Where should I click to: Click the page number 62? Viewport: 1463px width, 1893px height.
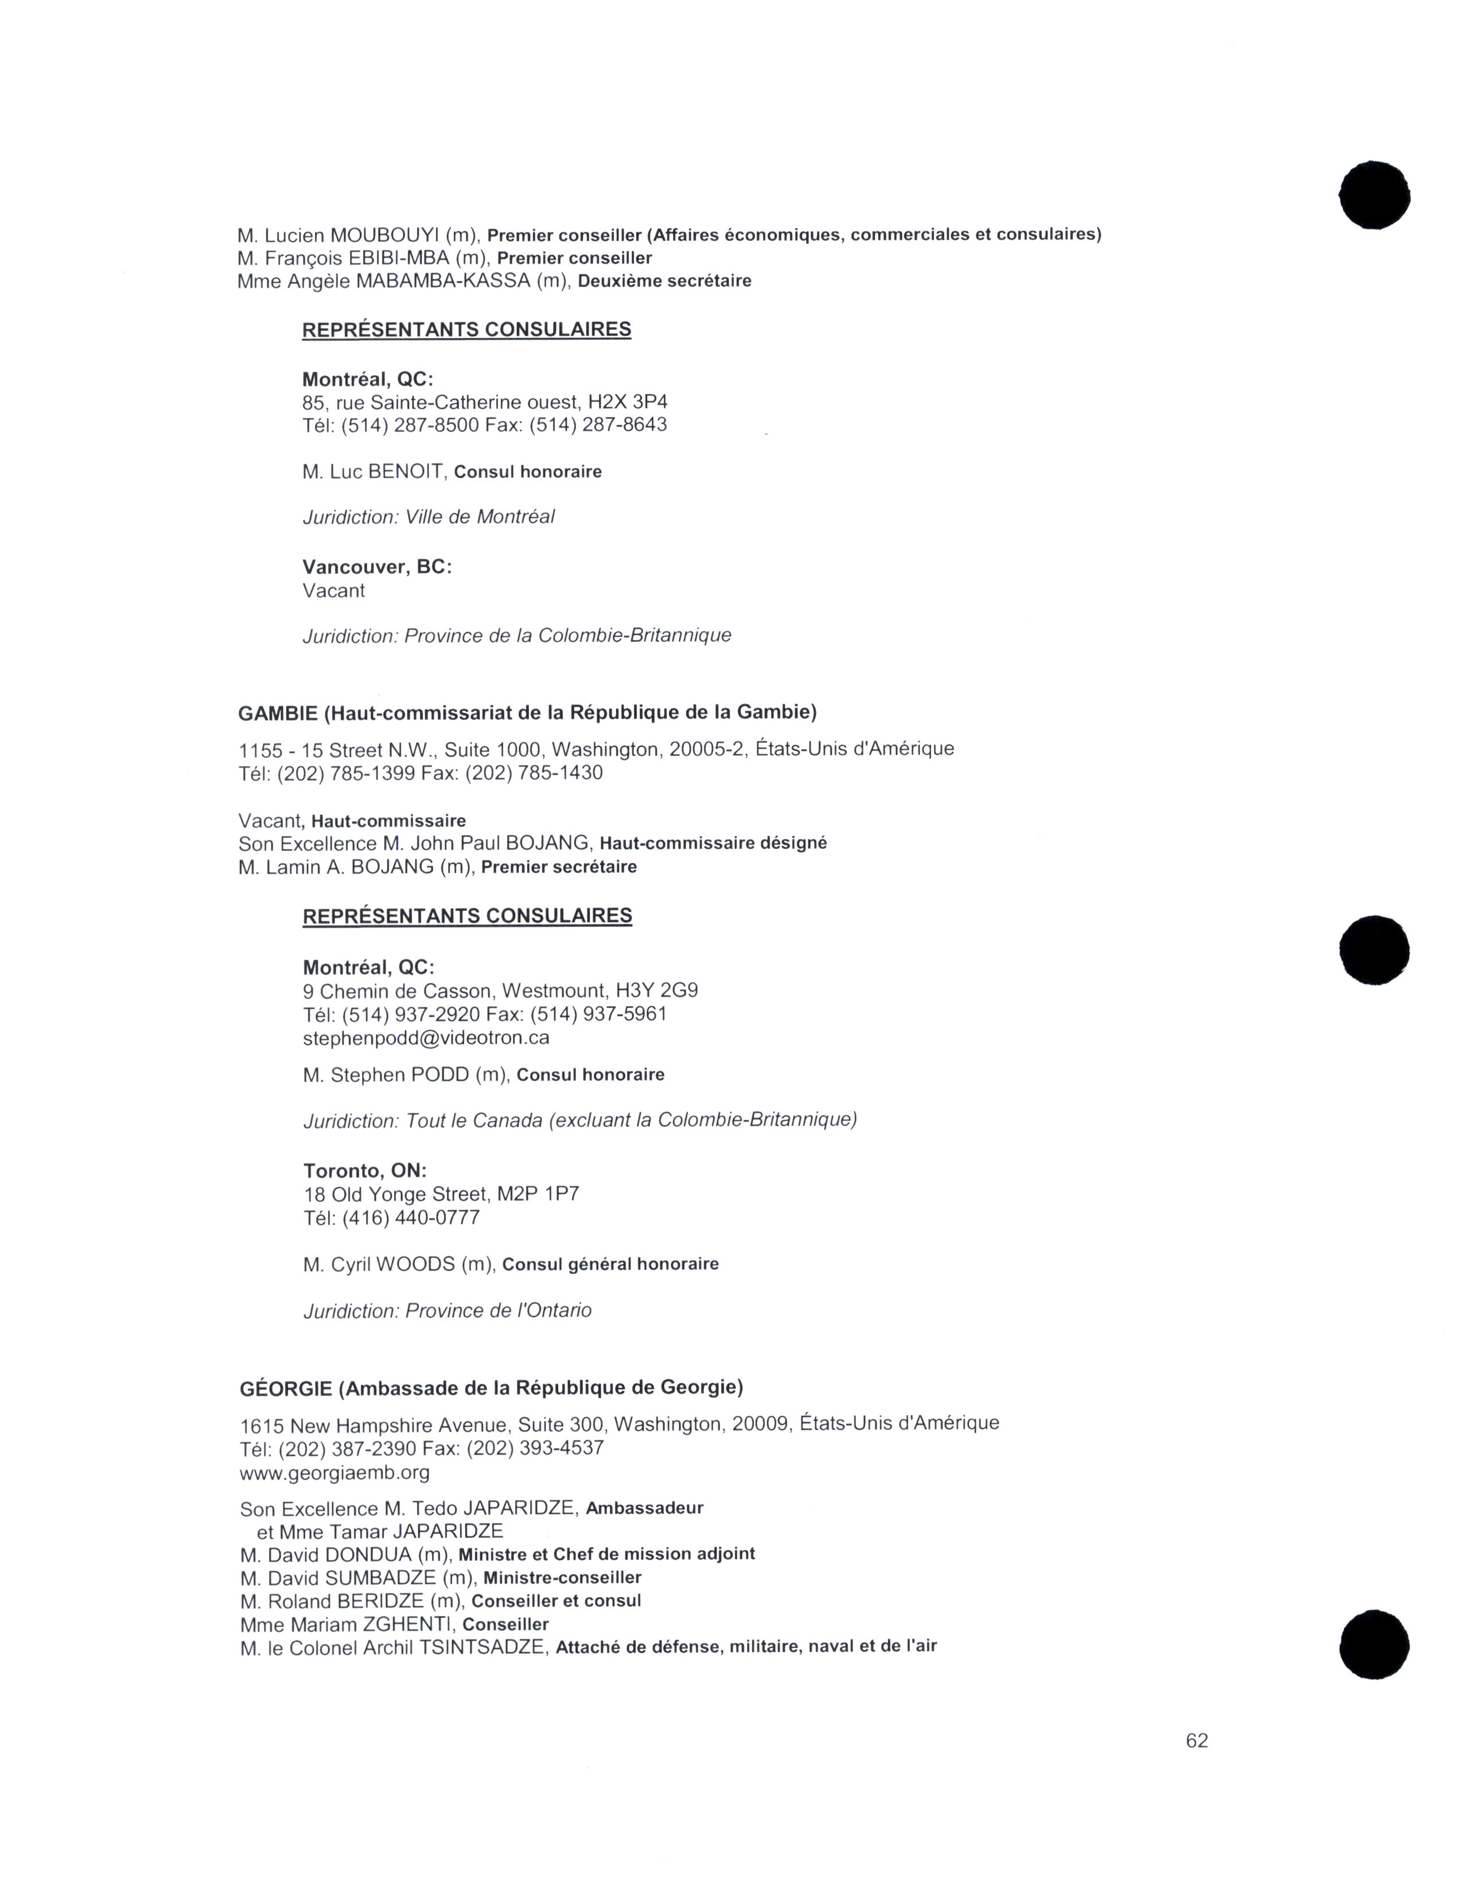coord(1196,1740)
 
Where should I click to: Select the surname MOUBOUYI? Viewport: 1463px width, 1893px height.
coord(385,235)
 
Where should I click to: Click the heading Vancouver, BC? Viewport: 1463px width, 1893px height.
coord(377,567)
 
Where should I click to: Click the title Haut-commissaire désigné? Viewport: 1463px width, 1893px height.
coord(713,843)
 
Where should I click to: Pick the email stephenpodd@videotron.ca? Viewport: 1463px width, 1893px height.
coord(426,1038)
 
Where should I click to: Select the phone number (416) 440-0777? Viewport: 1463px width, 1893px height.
coord(411,1218)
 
